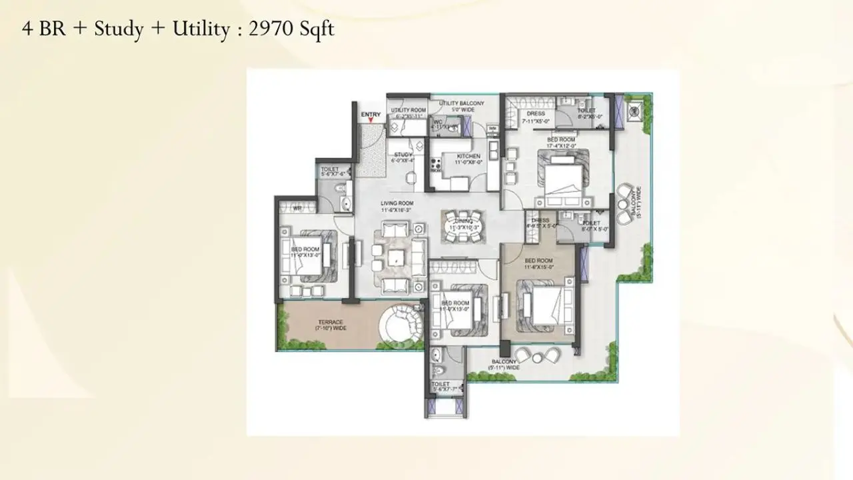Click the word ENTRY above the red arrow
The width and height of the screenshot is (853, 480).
click(371, 115)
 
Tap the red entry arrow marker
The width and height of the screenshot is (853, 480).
click(371, 121)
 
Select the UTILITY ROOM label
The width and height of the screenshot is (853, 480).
click(408, 110)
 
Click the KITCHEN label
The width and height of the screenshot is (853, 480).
click(468, 156)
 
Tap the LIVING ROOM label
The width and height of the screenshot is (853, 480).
click(397, 203)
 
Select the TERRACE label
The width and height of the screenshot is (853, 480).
click(330, 323)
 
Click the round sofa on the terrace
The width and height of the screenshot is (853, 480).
click(400, 325)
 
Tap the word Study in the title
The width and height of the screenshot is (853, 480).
click(119, 31)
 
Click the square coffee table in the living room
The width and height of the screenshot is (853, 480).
click(397, 257)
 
